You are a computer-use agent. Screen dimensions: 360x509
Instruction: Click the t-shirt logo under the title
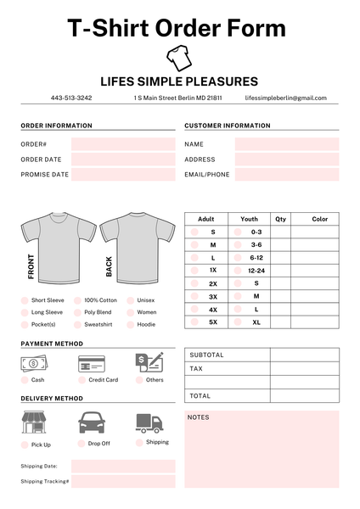pos(178,58)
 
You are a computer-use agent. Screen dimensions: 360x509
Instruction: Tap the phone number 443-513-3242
pos(71,98)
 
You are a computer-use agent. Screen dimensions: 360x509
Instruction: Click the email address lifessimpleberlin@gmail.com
pos(285,98)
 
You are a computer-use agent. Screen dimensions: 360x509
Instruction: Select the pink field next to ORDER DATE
pos(123,159)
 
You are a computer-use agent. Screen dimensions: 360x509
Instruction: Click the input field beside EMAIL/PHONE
pos(287,175)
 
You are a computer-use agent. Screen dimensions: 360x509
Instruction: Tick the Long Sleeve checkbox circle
pos(25,312)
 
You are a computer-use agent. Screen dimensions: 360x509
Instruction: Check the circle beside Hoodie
pos(130,324)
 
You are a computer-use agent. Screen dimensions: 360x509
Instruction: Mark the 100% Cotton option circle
pos(77,300)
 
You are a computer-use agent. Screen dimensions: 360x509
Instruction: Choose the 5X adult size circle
pos(194,322)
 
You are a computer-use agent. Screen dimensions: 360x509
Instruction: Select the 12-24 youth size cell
pos(256,271)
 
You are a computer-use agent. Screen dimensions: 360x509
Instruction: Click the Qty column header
pos(281,219)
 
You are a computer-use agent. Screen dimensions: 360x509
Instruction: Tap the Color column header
pos(319,219)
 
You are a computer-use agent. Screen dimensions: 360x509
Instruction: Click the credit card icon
pos(91,364)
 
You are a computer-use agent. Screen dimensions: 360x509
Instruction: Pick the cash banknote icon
pos(34,363)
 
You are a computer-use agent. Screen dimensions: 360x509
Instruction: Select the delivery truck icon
pos(149,422)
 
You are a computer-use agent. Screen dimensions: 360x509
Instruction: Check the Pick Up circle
pos(25,445)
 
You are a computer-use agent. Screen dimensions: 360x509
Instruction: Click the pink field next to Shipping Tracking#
pos(123,481)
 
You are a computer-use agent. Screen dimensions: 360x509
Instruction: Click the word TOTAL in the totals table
pos(200,396)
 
